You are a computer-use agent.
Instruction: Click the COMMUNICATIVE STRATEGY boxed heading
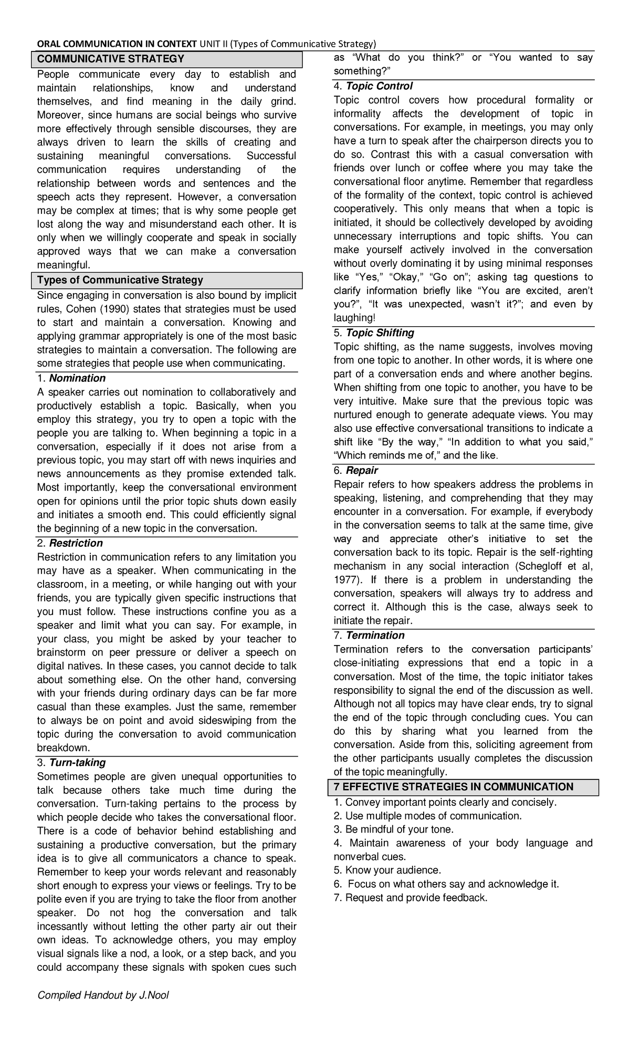tap(110, 58)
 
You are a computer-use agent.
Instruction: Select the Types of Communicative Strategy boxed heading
tap(120, 280)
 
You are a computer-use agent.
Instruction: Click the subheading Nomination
tap(77, 378)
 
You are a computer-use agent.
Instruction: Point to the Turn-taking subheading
tap(77, 762)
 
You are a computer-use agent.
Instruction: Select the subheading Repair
tap(362, 470)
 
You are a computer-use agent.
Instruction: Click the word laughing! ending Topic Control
tap(354, 317)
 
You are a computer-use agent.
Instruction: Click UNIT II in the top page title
tap(214, 43)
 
